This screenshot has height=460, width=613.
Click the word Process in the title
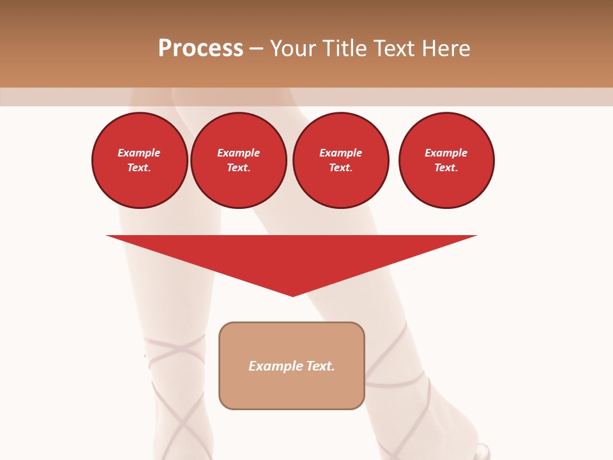201,49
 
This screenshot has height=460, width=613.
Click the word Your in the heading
292,49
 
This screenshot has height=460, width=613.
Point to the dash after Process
256,49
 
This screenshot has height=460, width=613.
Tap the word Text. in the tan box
321,366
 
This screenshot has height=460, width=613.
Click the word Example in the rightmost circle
446,153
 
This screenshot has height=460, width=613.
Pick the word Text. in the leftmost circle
139,167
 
